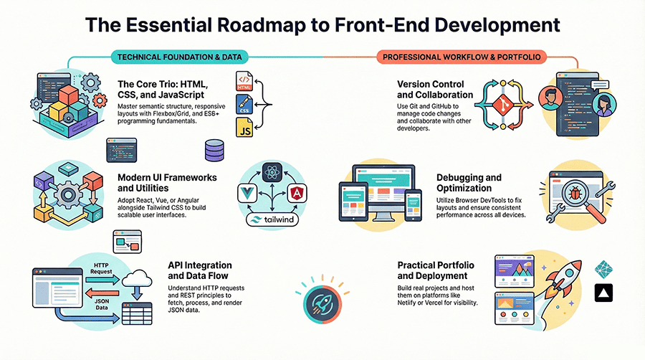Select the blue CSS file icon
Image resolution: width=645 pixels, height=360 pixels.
coord(244,105)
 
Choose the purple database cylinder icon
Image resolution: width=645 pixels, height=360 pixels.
coord(214,150)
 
